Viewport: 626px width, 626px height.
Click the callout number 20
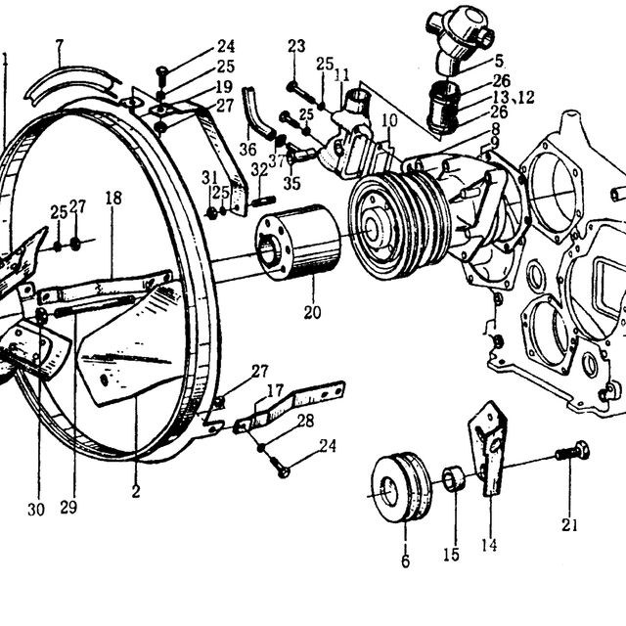point(312,312)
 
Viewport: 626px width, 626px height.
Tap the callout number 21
point(569,525)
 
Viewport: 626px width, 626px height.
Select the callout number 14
point(489,545)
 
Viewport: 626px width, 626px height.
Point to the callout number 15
point(451,555)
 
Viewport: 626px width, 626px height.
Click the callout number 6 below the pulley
point(405,560)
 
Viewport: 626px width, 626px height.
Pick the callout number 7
point(60,46)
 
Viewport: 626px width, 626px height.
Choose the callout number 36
point(247,150)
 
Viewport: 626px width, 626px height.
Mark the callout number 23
point(296,46)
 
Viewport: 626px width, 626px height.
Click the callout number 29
point(68,508)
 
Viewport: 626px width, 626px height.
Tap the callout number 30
point(36,510)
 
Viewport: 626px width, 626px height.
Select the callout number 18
point(113,198)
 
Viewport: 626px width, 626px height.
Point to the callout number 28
point(306,421)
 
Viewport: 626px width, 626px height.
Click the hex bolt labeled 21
point(572,452)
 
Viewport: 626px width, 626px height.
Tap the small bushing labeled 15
point(454,478)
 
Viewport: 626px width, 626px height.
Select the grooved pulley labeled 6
point(401,487)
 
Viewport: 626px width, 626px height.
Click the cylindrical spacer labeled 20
point(297,242)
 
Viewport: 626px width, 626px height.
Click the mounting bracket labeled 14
point(487,448)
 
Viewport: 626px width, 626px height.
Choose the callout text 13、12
point(513,97)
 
